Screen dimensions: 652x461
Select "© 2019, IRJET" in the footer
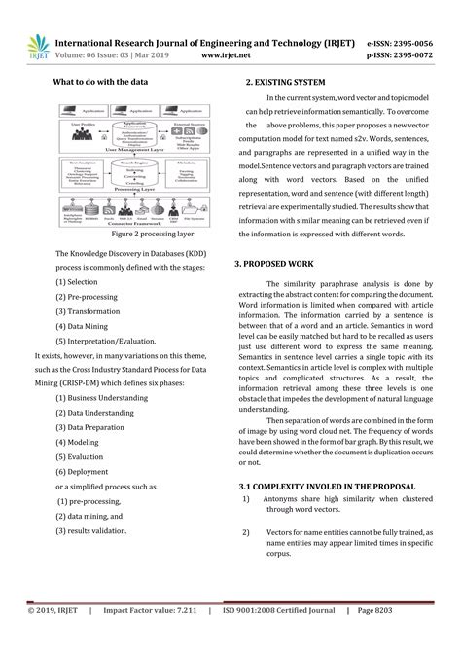coord(45,636)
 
